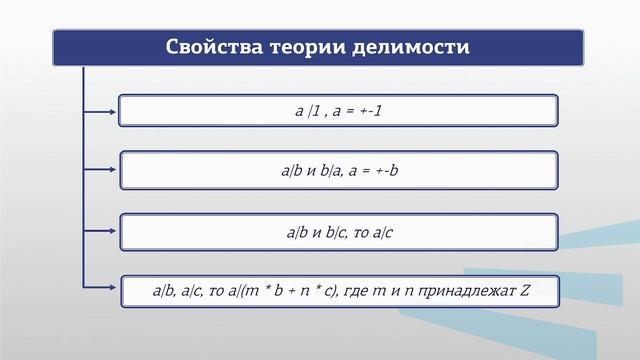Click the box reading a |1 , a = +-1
coord(338,110)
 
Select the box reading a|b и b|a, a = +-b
coord(338,171)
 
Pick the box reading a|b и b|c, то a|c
coord(338,232)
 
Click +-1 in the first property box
coord(369,110)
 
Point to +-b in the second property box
coord(384,171)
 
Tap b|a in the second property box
coord(329,171)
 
